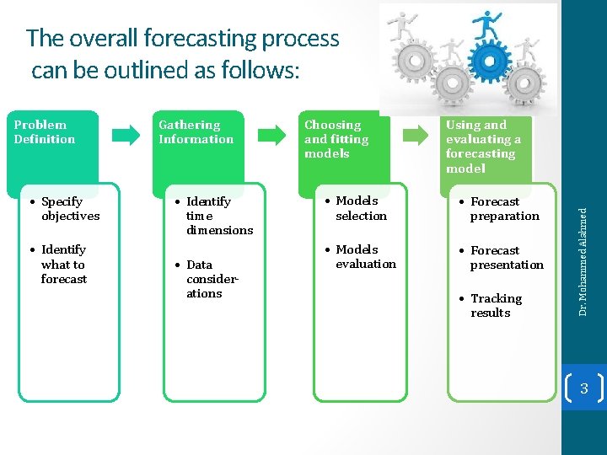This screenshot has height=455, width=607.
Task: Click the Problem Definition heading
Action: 45,132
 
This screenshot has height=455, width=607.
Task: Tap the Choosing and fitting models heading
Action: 336,139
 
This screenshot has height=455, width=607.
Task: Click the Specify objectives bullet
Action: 70,209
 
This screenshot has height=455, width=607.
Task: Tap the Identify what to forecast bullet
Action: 63,264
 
